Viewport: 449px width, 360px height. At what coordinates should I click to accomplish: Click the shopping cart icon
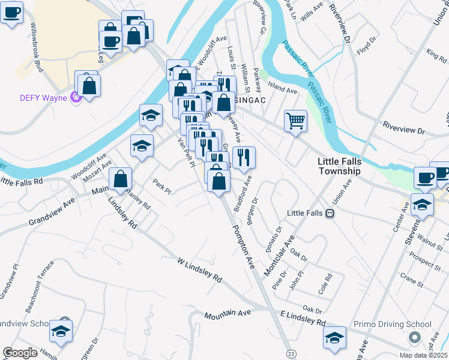click(295, 121)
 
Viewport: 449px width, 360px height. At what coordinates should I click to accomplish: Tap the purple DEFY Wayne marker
click(75, 96)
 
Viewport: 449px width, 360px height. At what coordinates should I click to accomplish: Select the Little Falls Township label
click(339, 166)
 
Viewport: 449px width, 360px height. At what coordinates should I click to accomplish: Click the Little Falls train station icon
click(330, 213)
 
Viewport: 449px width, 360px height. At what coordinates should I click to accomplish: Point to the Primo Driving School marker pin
click(413, 338)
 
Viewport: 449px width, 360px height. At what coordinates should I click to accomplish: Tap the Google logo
click(20, 353)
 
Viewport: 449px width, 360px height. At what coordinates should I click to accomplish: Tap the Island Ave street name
click(283, 91)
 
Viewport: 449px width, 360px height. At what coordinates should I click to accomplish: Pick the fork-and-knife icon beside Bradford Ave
click(244, 158)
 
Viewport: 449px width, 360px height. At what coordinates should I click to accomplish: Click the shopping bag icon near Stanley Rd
click(121, 179)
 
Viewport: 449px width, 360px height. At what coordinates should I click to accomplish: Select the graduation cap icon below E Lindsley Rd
click(335, 337)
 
